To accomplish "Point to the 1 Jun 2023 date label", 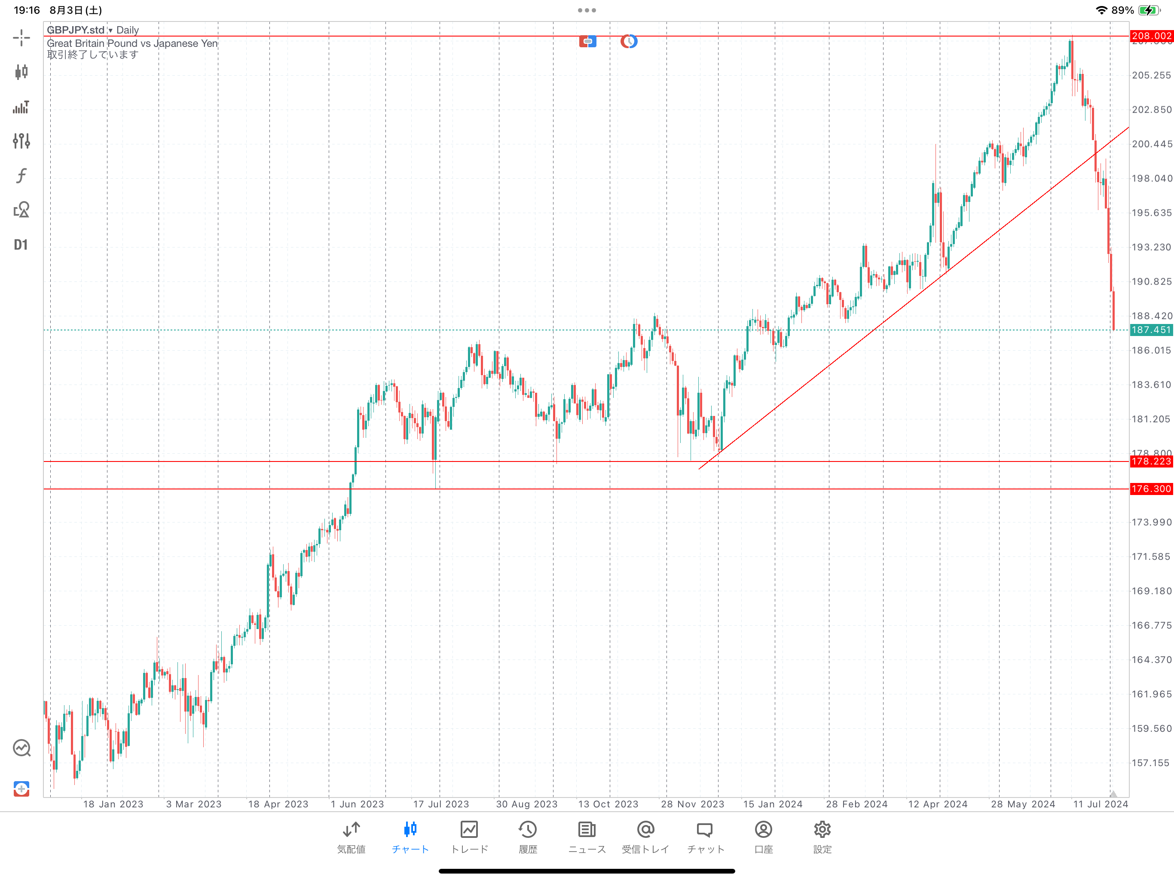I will pyautogui.click(x=357, y=804).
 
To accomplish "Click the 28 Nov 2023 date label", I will pyautogui.click(x=692, y=804).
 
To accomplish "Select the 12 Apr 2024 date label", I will pyautogui.click(x=937, y=804).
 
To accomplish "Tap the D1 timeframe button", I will pyautogui.click(x=21, y=244).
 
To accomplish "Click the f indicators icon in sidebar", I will pyautogui.click(x=21, y=176).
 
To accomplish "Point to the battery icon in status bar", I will pyautogui.click(x=1149, y=10).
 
